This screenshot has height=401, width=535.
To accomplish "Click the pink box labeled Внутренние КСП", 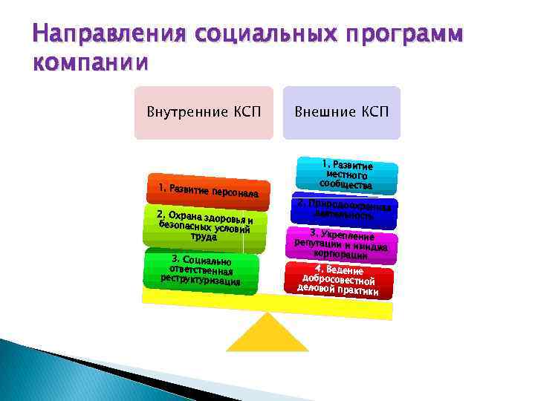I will [x=203, y=113].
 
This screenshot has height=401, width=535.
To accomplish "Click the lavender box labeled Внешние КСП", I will [x=341, y=113].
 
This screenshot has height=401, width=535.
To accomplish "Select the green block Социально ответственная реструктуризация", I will [x=201, y=271].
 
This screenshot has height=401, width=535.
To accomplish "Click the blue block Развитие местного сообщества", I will [x=346, y=175].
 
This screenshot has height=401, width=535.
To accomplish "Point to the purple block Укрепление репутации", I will [x=343, y=244].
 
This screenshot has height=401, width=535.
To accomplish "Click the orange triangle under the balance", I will [x=267, y=333].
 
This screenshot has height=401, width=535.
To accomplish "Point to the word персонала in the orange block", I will [x=234, y=194].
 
